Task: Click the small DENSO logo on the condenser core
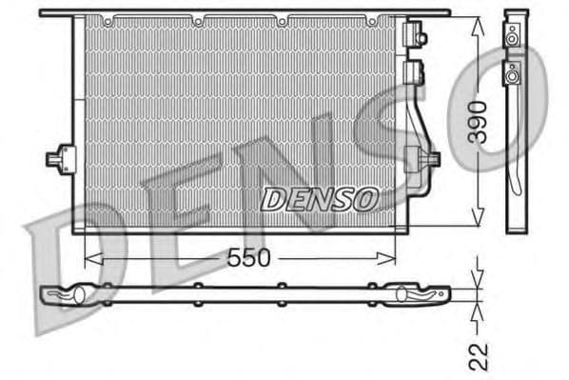point(319,198)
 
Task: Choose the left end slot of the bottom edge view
point(70,295)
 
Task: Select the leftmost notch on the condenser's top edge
point(108,19)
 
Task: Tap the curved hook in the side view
point(515,176)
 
